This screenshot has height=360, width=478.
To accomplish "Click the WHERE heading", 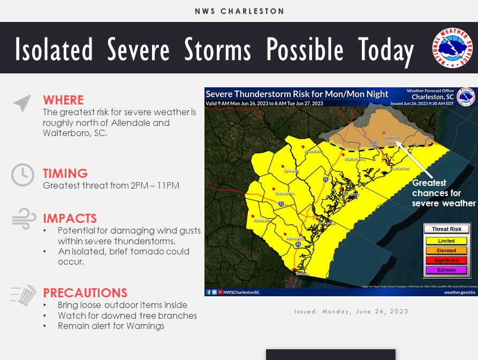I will point(63,100).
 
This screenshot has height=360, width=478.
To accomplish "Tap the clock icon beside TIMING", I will point(22,175).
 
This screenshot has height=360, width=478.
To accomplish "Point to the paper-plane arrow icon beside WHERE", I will point(22,103).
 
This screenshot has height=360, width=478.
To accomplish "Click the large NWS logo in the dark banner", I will point(452,48).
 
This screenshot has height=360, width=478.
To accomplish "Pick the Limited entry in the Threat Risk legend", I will point(446,241).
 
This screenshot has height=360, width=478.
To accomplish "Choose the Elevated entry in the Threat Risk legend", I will point(446,251).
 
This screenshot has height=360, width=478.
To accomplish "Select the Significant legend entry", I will point(446,260).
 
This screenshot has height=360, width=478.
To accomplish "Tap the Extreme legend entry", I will point(446,270).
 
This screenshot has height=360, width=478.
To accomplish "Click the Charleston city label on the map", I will point(399,168).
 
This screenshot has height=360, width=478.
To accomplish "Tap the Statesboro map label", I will point(284,193).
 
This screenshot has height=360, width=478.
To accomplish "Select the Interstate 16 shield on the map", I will point(281,204).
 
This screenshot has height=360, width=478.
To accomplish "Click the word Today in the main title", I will point(386,50).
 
